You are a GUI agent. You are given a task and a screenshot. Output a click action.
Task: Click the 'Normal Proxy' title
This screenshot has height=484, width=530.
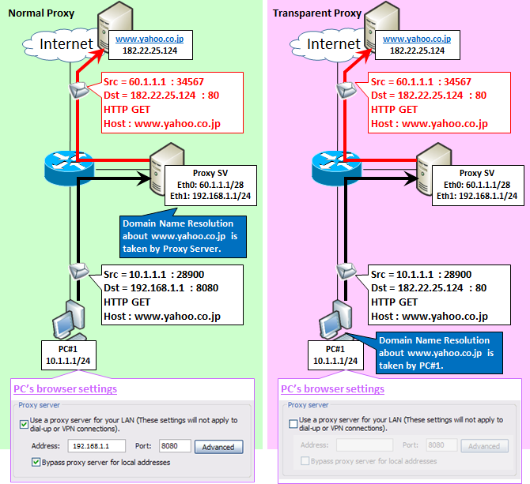pos(41,13)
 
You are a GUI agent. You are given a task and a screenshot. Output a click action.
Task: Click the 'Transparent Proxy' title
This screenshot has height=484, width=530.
pos(317,13)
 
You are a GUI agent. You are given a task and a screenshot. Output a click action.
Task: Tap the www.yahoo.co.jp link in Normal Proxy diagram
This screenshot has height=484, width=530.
pos(150,39)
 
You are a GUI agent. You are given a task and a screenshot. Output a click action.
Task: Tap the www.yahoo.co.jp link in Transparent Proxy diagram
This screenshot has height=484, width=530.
pos(417,39)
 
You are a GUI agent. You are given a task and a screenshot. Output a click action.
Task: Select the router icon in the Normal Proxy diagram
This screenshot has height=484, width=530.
pos(69,167)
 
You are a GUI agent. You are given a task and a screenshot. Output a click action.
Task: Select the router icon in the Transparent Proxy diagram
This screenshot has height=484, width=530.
pos(336,167)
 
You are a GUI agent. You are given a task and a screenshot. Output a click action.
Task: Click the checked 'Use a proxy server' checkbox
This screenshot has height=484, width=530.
pos(24,424)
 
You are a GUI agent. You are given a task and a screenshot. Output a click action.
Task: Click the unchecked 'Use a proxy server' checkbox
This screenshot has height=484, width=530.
pos(293,424)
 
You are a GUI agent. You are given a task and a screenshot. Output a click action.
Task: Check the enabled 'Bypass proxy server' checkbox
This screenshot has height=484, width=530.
pos(36,462)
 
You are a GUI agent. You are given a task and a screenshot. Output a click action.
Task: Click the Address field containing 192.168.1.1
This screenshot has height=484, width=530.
pos(97,446)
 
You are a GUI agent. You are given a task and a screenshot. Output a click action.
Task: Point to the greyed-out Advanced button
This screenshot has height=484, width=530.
pos(485,446)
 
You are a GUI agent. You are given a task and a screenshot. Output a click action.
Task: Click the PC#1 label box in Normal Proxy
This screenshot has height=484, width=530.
pos(69,355)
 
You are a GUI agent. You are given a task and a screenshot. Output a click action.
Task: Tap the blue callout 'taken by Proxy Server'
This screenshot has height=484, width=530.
pos(183,236)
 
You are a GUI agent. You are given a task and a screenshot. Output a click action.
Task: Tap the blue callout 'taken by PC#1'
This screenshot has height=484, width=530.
pos(439,353)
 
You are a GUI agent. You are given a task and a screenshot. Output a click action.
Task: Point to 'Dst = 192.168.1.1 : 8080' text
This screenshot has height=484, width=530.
pos(161,288)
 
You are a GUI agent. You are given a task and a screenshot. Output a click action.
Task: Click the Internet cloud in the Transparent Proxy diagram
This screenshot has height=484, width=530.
pos(327,45)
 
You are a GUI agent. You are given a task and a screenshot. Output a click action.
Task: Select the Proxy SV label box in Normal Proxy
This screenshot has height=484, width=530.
pos(210,186)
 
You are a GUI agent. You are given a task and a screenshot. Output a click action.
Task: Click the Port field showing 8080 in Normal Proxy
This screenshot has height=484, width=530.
pos(175,446)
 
